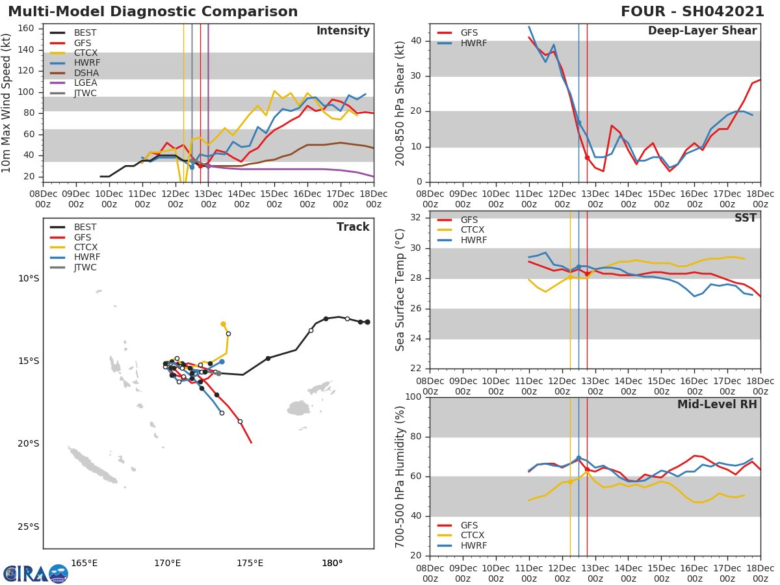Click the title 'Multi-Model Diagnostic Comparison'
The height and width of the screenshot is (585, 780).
pyautogui.click(x=153, y=12)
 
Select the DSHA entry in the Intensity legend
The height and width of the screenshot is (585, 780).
pyautogui.click(x=85, y=73)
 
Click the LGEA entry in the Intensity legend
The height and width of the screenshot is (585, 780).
pyautogui.click(x=85, y=83)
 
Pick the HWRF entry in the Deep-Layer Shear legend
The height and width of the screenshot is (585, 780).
pyautogui.click(x=474, y=43)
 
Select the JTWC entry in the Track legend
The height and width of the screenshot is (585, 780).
pyautogui.click(x=85, y=267)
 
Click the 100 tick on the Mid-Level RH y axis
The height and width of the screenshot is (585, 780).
pyautogui.click(x=416, y=397)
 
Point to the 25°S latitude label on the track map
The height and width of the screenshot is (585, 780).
pyautogui.click(x=29, y=526)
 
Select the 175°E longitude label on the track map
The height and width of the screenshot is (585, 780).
pyautogui.click(x=250, y=563)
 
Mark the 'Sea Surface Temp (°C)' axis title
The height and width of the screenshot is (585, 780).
pyautogui.click(x=400, y=291)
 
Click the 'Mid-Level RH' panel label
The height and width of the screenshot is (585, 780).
pyautogui.click(x=717, y=404)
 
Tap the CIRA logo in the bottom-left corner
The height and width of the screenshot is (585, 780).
pyautogui.click(x=36, y=573)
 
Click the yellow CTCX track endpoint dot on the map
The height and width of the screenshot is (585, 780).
pyautogui.click(x=223, y=324)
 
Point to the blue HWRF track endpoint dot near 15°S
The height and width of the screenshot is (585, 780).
pyautogui.click(x=222, y=361)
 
